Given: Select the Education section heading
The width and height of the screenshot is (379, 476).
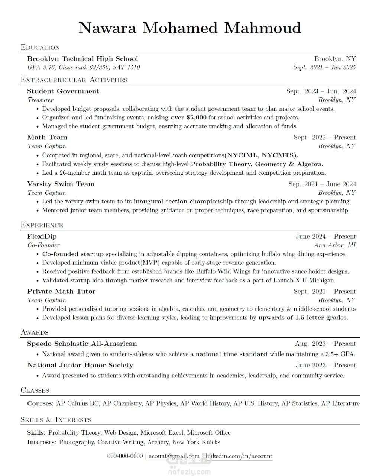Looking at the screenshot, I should click(x=40, y=48).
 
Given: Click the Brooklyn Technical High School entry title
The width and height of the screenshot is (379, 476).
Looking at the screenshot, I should click(x=82, y=59).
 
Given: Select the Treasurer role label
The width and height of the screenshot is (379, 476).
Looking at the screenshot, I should click(x=40, y=100).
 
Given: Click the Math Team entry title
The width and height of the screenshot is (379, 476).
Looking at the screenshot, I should click(x=47, y=138).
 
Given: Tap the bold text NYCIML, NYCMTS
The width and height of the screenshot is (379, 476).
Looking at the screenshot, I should click(x=262, y=155).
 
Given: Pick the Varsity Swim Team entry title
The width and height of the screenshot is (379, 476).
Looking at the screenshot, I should click(x=61, y=184).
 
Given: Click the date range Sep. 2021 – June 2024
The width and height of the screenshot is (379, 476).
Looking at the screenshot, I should click(x=322, y=184).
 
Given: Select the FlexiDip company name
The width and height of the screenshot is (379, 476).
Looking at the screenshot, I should click(x=42, y=237).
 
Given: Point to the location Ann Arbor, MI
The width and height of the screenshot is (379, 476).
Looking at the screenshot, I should click(x=335, y=245).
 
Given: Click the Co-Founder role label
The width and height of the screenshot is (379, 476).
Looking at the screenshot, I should click(x=43, y=245).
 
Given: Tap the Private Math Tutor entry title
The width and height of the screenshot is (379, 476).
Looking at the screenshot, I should click(x=61, y=292).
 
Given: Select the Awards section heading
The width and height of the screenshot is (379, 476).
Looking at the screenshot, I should click(x=34, y=332).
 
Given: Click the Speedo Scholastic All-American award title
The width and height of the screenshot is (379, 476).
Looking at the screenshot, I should click(x=82, y=344).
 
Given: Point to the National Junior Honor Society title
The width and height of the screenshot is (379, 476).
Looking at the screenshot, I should click(x=80, y=366).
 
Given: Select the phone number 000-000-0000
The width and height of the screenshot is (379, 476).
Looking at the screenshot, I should click(x=125, y=456).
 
